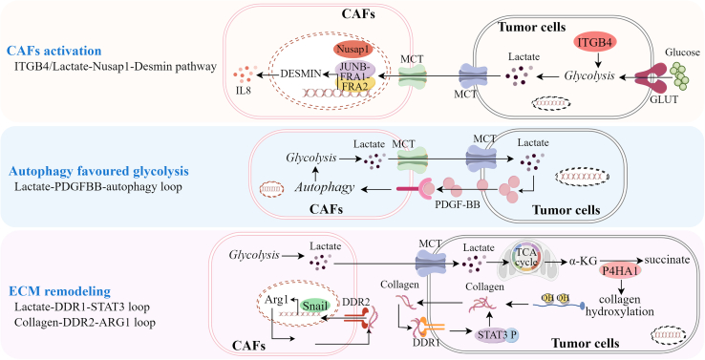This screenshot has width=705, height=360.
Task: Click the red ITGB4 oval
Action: click(x=595, y=42)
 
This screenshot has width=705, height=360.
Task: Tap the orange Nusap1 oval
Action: click(x=354, y=50)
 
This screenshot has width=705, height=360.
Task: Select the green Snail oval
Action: click(x=314, y=306)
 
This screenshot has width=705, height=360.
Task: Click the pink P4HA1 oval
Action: click(x=619, y=271)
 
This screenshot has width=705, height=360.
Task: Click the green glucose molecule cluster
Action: click(x=682, y=75)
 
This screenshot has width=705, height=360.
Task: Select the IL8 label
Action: click(x=243, y=90)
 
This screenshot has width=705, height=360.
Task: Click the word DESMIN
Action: click(x=300, y=74)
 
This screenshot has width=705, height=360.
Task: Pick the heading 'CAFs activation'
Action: click(x=53, y=51)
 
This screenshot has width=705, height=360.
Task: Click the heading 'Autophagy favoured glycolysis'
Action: click(x=98, y=171)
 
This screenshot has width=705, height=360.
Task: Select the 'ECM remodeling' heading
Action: click(x=59, y=291)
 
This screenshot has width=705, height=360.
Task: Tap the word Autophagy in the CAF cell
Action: click(x=325, y=187)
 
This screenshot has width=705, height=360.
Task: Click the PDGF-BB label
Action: click(x=458, y=206)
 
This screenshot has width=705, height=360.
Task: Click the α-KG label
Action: click(x=584, y=260)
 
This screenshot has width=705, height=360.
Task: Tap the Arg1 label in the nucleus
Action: click(x=276, y=300)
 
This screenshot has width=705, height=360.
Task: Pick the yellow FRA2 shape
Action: click(x=356, y=86)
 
